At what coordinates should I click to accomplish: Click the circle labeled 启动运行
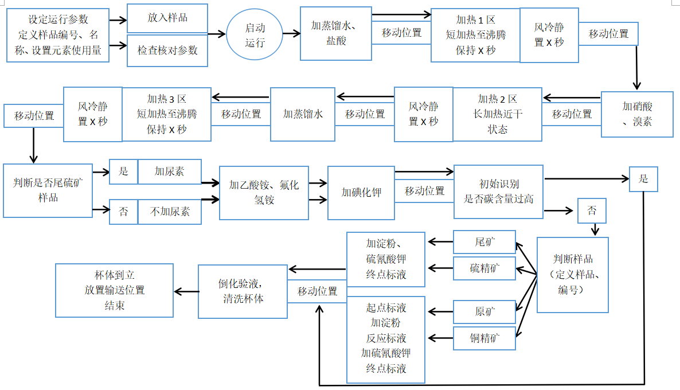[255, 35]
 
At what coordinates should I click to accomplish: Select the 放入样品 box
[167, 17]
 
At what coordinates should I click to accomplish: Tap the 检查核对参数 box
[167, 50]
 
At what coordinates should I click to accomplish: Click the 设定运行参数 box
[58, 35]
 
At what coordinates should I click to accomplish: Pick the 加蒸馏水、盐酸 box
[335, 33]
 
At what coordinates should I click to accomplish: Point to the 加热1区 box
[475, 35]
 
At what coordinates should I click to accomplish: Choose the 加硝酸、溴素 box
[636, 114]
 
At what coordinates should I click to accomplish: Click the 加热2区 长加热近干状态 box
[497, 114]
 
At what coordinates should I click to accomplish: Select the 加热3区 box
[166, 114]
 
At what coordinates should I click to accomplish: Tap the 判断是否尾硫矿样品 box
[48, 190]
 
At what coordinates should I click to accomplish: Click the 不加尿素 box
[170, 211]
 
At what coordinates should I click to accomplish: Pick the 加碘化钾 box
[361, 193]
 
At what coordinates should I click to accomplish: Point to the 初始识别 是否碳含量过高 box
[498, 192]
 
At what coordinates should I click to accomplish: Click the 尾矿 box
[484, 242]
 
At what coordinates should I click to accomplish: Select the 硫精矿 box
[484, 268]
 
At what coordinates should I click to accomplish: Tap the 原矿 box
[484, 312]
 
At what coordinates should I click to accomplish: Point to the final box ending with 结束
[114, 290]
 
